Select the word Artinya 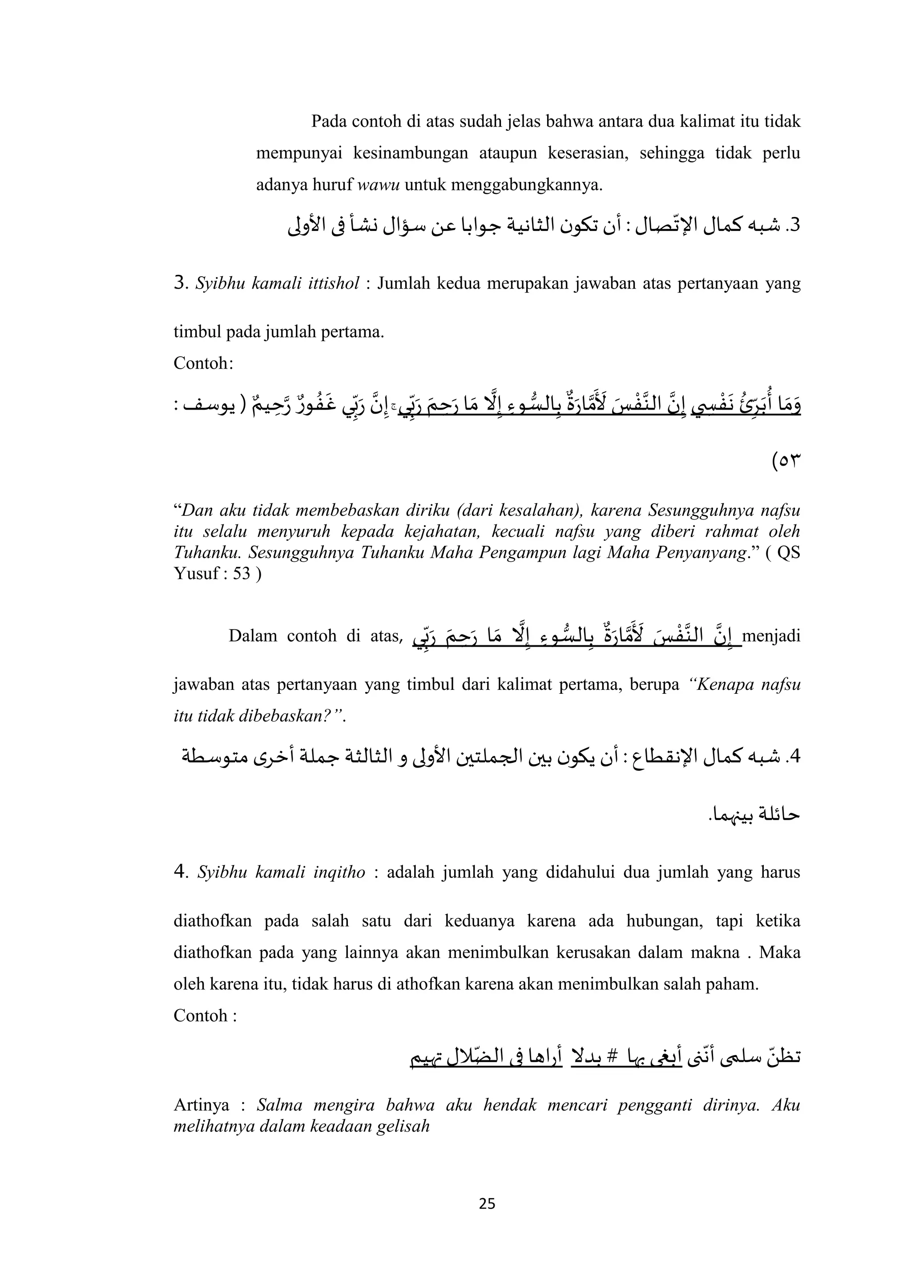click(x=202, y=1105)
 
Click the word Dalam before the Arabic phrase click(x=252, y=636)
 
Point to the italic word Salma click(x=279, y=1105)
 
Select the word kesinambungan click(x=411, y=153)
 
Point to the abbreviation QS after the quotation click(x=789, y=552)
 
